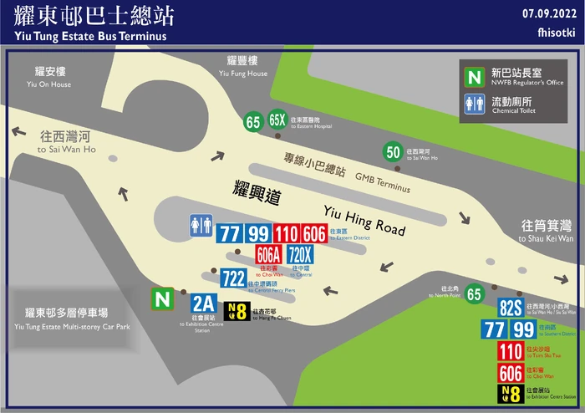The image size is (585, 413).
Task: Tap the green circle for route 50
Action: coord(394,152)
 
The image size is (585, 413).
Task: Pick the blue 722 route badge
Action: coord(233,279)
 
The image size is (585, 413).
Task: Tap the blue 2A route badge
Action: coord(203,303)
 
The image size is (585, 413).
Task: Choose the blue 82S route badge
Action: coord(511,308)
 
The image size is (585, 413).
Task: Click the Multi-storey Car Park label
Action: coord(73,319)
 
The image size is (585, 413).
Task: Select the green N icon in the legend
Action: coord(475,77)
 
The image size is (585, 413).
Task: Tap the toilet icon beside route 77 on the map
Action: coord(201,225)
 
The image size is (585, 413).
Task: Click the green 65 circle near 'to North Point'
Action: coord(475,293)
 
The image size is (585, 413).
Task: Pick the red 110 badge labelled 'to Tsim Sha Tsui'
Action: coord(511,351)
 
